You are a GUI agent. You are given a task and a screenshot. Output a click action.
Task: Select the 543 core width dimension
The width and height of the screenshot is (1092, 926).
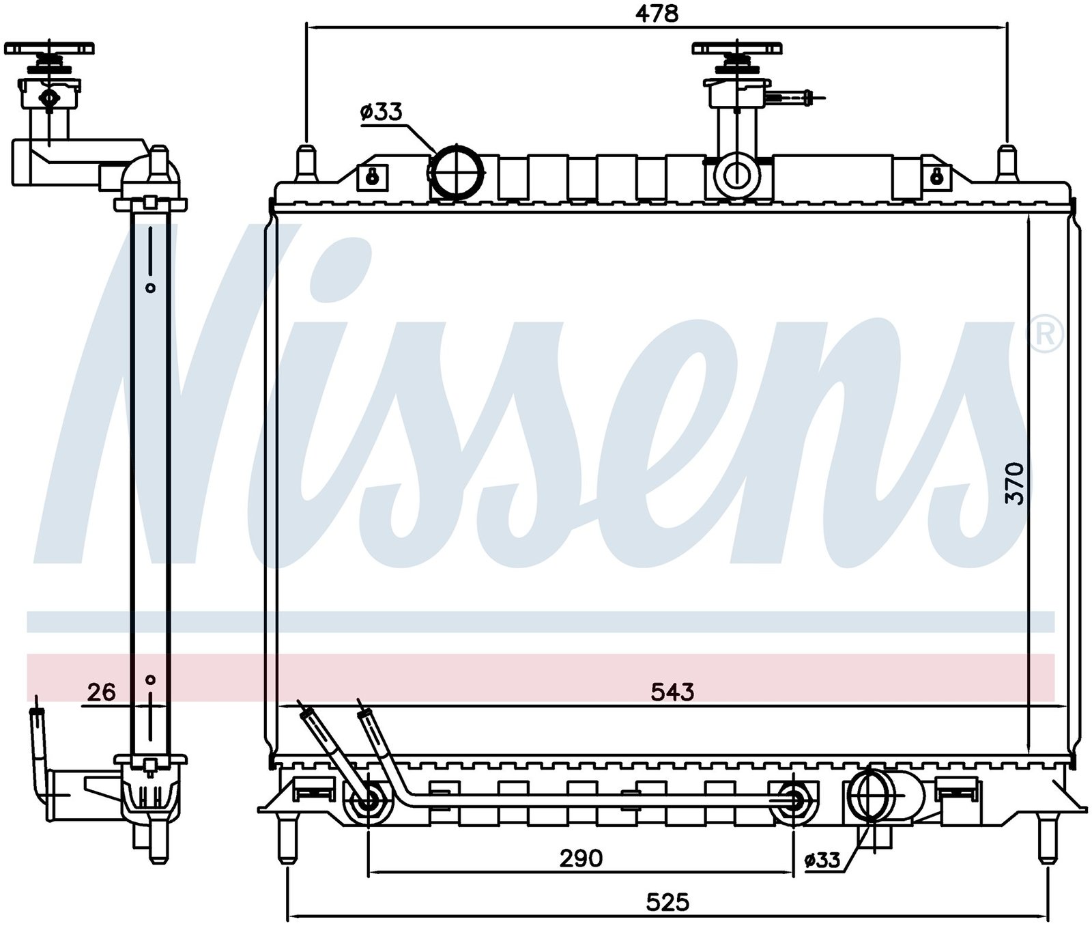672,692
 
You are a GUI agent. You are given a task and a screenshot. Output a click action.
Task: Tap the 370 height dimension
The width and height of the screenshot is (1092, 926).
1016,483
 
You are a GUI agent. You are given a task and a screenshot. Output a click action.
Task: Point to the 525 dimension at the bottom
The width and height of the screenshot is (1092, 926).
668,903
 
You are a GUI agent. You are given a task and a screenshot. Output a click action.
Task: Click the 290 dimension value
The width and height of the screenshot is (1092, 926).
581,858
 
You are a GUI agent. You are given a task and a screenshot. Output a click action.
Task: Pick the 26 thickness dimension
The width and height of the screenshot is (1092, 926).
102,692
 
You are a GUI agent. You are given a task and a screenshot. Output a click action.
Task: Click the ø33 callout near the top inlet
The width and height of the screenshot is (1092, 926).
382,112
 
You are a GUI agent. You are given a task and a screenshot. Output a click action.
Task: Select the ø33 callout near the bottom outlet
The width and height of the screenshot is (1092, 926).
822,860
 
